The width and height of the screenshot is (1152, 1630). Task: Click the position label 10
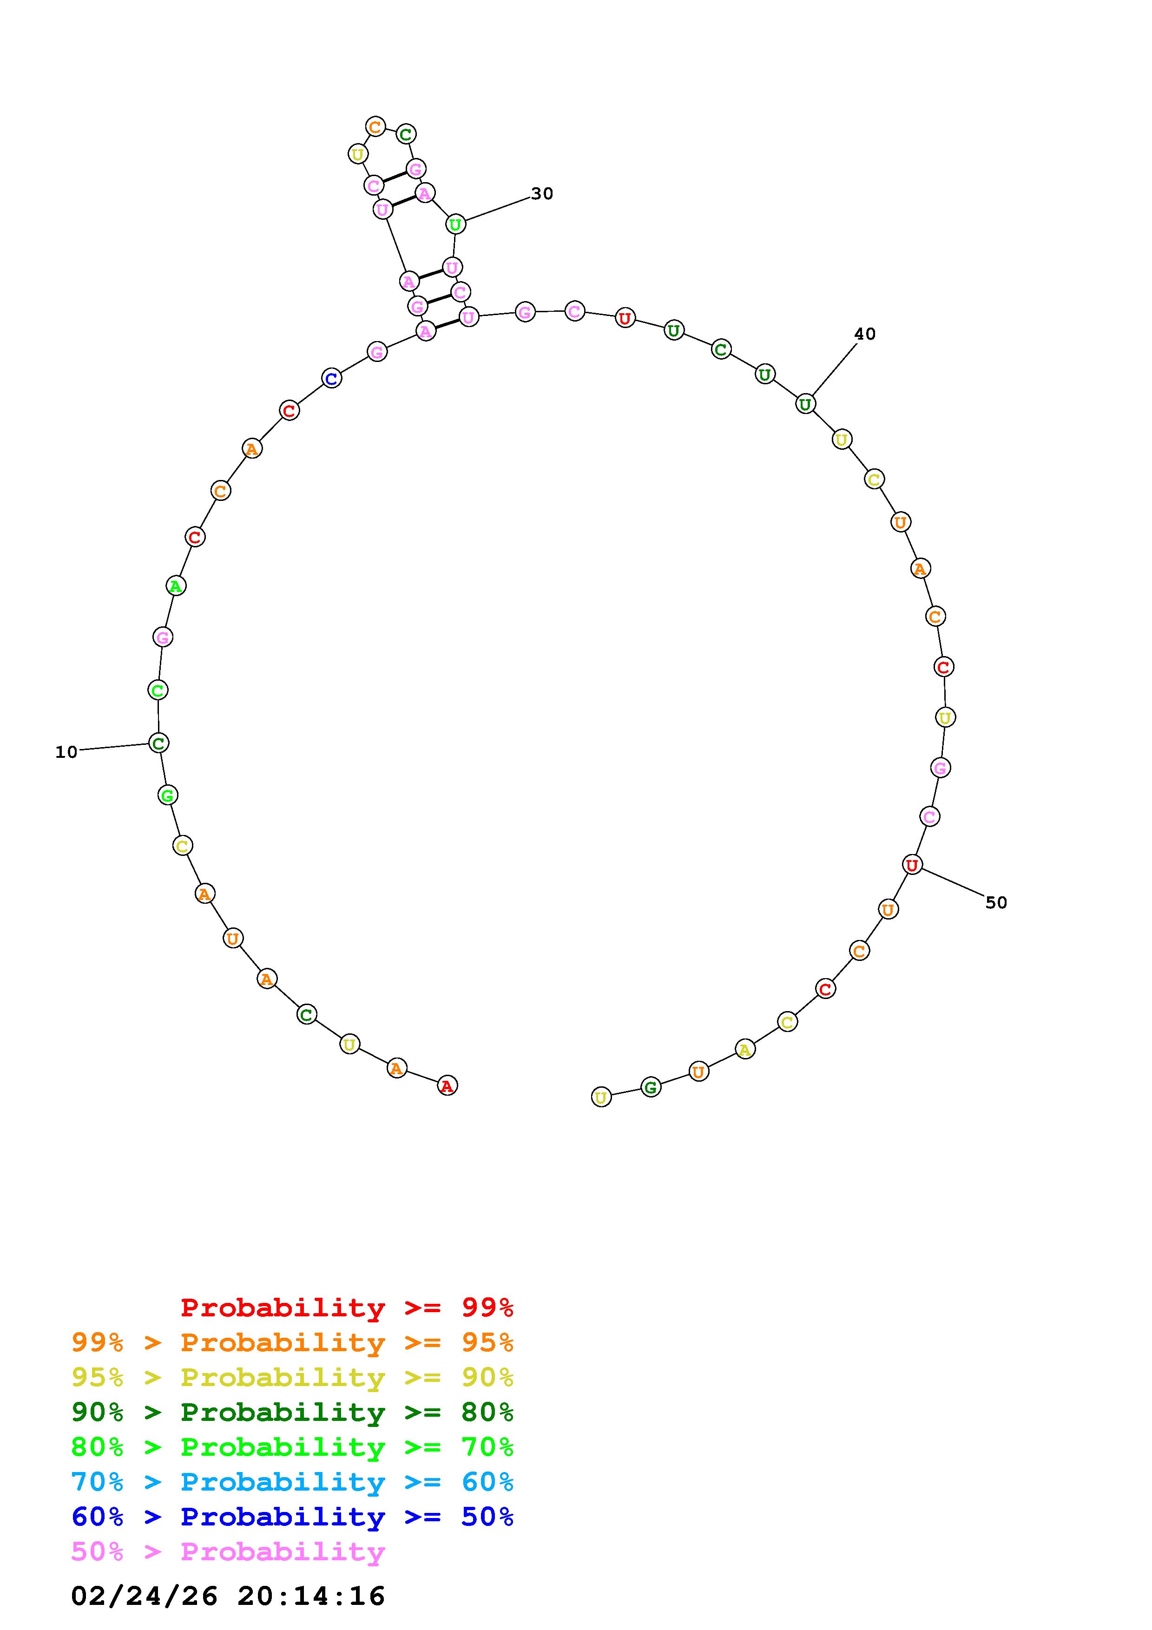pyautogui.click(x=66, y=753)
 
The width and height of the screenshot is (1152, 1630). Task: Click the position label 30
pyautogui.click(x=542, y=194)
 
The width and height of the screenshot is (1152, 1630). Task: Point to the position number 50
pyautogui.click(x=996, y=902)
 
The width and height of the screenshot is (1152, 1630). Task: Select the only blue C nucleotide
pyautogui.click(x=331, y=378)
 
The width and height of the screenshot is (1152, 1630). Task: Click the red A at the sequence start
pyautogui.click(x=447, y=1085)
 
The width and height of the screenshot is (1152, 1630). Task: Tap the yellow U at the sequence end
pyautogui.click(x=601, y=1098)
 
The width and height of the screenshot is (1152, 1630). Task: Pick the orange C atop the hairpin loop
pyautogui.click(x=375, y=127)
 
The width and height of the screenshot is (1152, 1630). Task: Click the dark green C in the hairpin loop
pyautogui.click(x=406, y=134)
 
